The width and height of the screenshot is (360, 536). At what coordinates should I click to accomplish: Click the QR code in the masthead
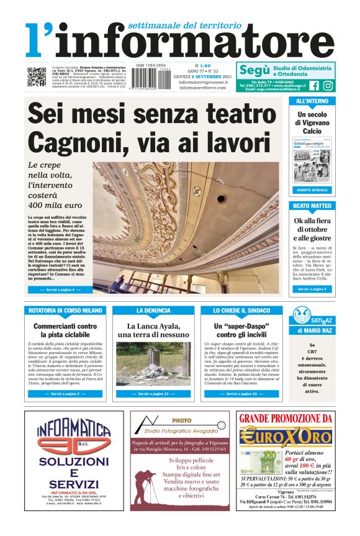[36, 78]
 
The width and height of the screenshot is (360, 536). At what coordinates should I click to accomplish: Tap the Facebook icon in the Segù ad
[314, 86]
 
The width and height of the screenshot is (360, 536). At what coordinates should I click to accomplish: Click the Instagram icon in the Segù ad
[328, 86]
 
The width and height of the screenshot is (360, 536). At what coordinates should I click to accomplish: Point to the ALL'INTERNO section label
[312, 101]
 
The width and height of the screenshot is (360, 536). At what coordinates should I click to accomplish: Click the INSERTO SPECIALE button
[312, 189]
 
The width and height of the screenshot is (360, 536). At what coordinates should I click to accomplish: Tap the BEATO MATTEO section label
[312, 206]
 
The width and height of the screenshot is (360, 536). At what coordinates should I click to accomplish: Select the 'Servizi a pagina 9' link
[312, 289]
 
